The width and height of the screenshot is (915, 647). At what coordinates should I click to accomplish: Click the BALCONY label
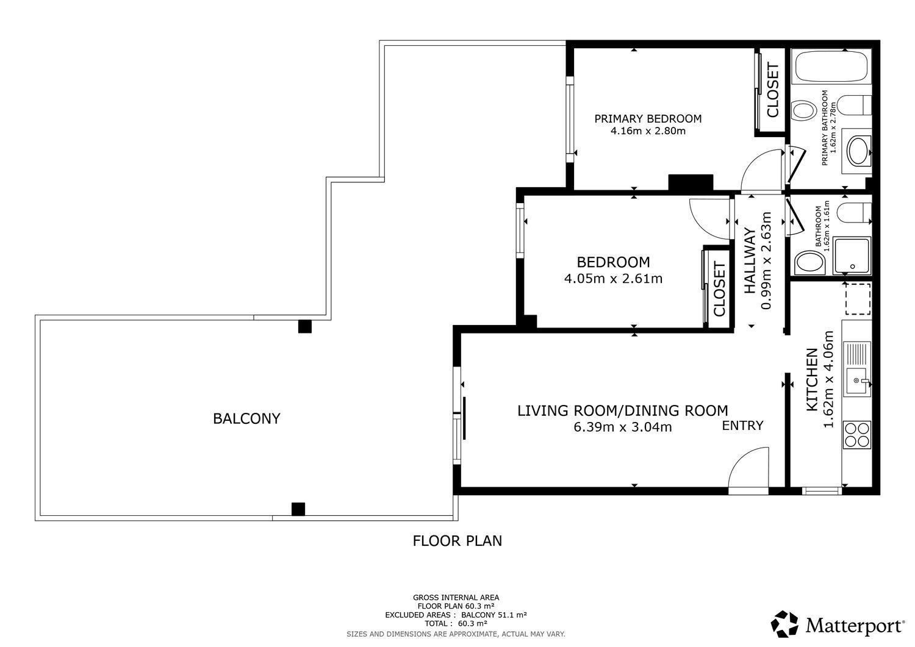coord(246,419)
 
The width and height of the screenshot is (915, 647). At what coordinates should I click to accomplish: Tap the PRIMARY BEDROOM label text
coord(648,119)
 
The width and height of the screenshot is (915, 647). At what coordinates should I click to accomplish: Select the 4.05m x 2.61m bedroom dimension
coord(613,279)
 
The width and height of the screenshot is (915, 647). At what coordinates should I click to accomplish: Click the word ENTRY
coord(742,426)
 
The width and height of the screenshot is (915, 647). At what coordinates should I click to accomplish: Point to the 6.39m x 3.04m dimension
coord(623,427)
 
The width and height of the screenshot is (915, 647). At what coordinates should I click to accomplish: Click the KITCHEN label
coord(812,379)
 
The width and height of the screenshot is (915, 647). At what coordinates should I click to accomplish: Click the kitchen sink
coord(858,382)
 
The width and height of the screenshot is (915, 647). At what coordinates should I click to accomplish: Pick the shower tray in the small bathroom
coord(852,256)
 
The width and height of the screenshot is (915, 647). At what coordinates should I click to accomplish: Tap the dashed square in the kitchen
coord(858,299)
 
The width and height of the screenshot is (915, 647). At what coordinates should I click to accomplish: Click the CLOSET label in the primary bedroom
coord(773,90)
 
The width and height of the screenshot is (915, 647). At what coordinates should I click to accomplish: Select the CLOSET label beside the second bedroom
coord(719,289)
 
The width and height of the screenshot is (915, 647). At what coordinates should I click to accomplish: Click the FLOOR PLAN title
coord(457,541)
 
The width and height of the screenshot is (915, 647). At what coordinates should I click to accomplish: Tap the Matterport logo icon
coord(784,624)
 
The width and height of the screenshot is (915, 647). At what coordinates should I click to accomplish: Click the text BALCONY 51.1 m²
coord(494,615)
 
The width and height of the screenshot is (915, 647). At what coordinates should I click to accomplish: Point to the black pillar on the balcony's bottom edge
coord(298,509)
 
